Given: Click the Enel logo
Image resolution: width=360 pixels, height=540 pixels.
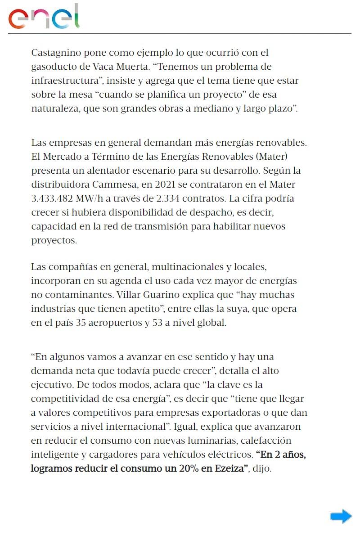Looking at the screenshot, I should click(44, 17).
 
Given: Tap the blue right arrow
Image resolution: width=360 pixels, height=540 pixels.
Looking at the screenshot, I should click(341, 516).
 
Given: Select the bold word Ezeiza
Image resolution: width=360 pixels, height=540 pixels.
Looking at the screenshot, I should click(229, 468).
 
